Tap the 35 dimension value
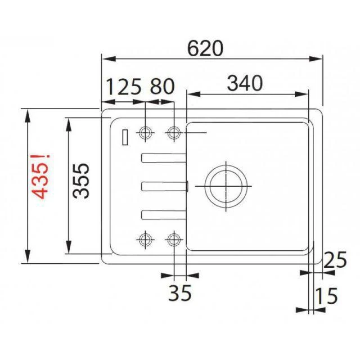(181, 292)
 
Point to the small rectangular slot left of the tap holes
(125, 137)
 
